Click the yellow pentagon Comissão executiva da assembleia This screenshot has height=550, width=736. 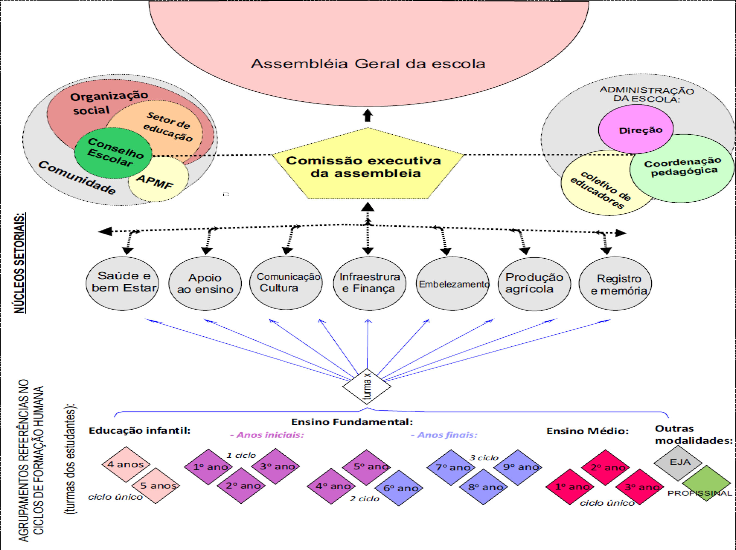click(367, 166)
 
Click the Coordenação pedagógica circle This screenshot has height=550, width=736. click(682, 168)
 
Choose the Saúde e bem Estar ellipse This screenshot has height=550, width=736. click(122, 283)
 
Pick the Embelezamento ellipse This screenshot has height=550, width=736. click(453, 283)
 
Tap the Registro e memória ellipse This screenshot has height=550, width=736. click(615, 283)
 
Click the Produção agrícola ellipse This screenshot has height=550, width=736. click(534, 283)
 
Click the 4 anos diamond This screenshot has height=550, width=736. click(126, 464)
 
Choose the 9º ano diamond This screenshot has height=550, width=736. click(518, 467)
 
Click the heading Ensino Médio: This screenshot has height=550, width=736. click(587, 431)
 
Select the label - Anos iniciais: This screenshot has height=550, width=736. click(267, 435)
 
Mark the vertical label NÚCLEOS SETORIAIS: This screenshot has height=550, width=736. click(20, 263)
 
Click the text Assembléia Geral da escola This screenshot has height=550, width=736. click(368, 64)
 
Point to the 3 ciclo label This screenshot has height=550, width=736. click(484, 458)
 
